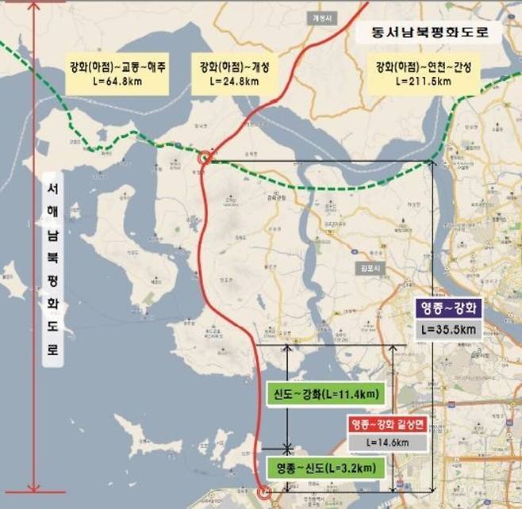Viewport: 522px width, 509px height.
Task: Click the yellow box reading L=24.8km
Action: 235,81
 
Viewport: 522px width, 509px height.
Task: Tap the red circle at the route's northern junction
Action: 205,158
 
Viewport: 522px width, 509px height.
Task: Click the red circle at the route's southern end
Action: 265,492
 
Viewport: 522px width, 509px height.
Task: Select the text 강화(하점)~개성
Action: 235,67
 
